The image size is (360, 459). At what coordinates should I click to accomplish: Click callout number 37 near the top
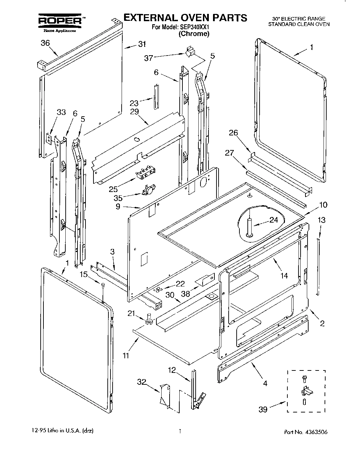(149, 58)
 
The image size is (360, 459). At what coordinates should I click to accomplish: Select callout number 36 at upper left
(45, 43)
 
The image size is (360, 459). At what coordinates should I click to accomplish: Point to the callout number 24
(274, 219)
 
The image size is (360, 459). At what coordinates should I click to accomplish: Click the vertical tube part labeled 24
(249, 227)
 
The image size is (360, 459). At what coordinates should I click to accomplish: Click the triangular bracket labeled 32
(164, 394)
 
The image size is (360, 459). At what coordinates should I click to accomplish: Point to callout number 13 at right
(322, 220)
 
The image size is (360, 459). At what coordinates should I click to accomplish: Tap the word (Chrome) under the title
(194, 34)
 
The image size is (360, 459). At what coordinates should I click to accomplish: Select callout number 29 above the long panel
(134, 111)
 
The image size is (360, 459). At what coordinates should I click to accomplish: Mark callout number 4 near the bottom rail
(265, 384)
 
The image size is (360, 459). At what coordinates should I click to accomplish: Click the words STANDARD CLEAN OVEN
(298, 24)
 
